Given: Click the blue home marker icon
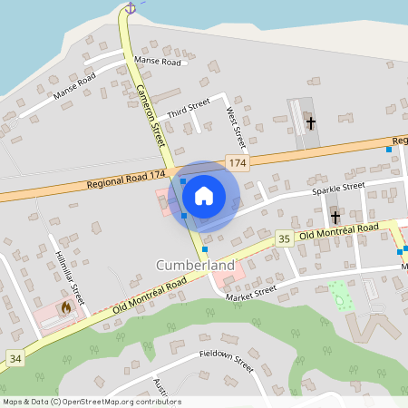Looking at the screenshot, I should (x=204, y=194).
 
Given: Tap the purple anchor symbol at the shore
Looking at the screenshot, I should (x=130, y=8).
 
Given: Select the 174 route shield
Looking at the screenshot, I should (x=238, y=162).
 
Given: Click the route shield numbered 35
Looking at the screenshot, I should (x=284, y=238).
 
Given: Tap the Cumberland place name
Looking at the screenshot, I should (x=195, y=266).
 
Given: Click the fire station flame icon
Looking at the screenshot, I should (x=65, y=307).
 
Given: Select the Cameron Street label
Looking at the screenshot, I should (x=150, y=115).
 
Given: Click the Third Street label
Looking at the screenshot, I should (x=189, y=108).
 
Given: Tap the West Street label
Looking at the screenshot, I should (x=235, y=128).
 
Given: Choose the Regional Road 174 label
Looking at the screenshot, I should (x=126, y=180).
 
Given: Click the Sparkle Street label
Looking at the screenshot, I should (x=337, y=189).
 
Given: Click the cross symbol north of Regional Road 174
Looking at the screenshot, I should (x=311, y=121).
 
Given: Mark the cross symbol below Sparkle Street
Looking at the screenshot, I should (x=335, y=218).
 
